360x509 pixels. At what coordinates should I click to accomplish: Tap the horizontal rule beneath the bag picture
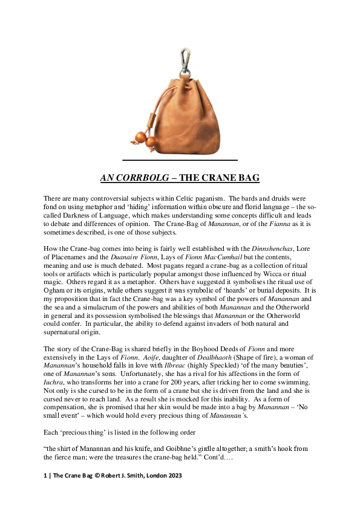coord(180,160)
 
